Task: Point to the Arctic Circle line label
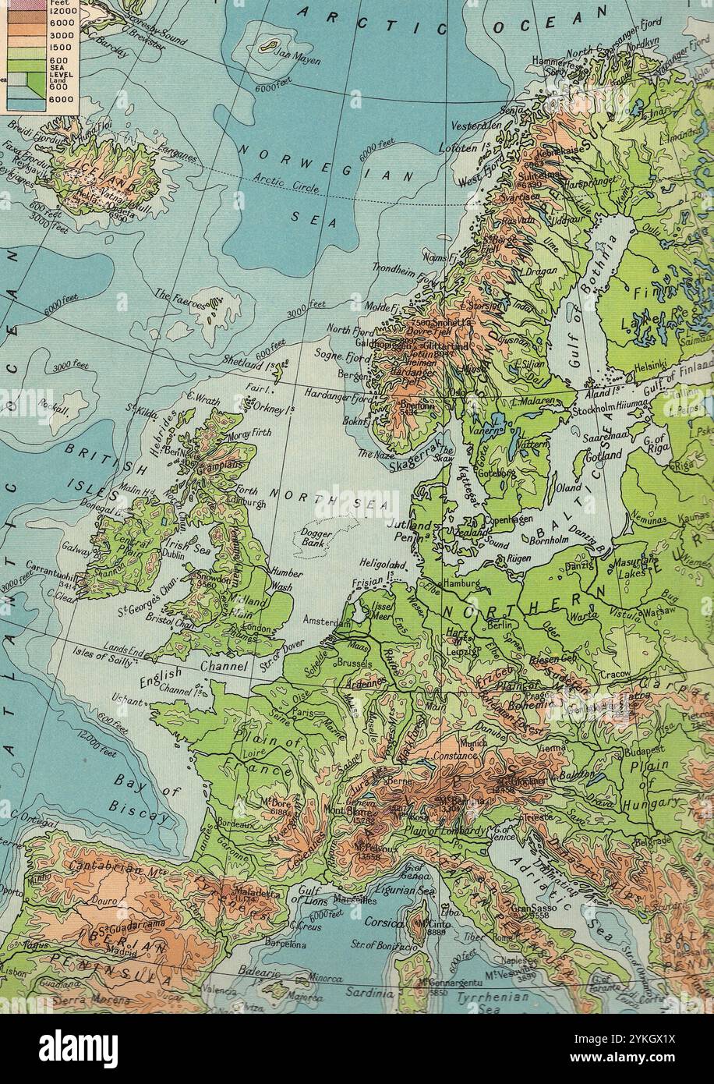tap(287, 180)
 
